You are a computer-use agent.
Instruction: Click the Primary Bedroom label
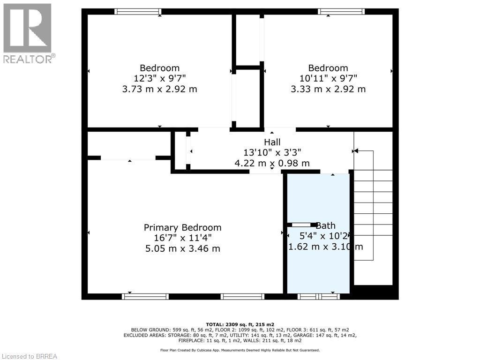click(x=182, y=227)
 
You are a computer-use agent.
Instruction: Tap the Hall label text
click(x=272, y=142)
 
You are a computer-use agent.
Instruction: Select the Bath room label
click(x=325, y=225)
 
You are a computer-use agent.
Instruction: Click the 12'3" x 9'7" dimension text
click(x=159, y=78)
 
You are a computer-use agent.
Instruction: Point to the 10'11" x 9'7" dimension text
click(x=328, y=78)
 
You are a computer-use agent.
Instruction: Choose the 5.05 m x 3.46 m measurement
click(x=182, y=248)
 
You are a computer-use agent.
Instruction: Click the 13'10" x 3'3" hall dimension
click(x=272, y=152)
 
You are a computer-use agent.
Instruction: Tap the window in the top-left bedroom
click(x=138, y=12)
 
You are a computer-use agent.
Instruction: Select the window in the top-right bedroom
click(x=341, y=12)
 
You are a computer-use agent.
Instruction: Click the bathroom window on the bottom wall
click(x=319, y=296)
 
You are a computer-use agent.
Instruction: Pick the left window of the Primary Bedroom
click(x=145, y=296)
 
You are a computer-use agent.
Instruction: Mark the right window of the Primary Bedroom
click(x=242, y=296)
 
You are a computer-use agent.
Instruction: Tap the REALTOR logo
click(x=28, y=33)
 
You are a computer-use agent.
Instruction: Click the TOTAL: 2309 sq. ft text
click(x=240, y=324)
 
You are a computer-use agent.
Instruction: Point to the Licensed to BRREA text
click(x=29, y=356)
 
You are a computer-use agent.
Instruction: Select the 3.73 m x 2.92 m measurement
click(x=159, y=89)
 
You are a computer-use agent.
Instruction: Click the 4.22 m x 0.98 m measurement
click(x=272, y=163)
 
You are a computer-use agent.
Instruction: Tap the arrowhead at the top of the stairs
click(x=355, y=151)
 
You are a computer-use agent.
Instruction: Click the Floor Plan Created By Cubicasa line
click(x=240, y=350)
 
